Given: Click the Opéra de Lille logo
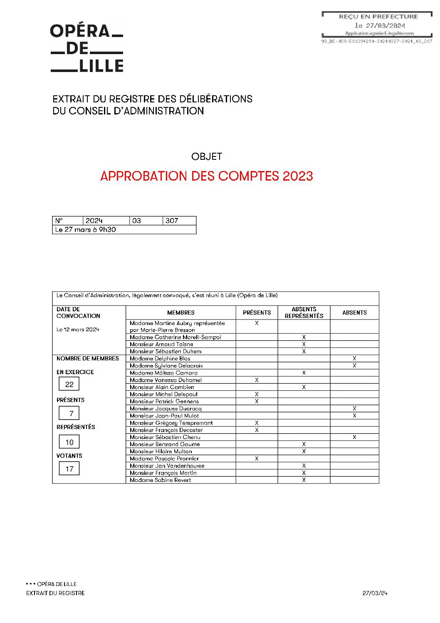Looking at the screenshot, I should point(87,48).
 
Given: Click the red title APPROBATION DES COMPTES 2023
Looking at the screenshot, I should point(206,176).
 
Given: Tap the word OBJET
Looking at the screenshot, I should point(207,156).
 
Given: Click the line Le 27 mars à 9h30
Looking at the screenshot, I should point(86,229).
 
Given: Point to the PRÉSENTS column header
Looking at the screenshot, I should point(257,313).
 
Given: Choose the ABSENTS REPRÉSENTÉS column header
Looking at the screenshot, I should point(304,313).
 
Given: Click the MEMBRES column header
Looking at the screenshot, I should point(181,313).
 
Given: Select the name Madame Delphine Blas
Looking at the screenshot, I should point(160,358).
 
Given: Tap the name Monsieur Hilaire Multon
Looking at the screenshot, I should point(161,451).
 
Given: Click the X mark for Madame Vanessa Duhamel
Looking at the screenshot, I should point(257,380).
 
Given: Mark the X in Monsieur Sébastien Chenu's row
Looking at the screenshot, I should point(354,437).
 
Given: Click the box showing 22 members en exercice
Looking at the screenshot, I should point(69,384).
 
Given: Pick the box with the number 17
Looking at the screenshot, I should point(69,469).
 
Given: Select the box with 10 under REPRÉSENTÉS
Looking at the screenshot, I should point(69,442).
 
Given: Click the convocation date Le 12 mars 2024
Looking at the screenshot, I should point(78,329).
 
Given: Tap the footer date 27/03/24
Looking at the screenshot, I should point(375,593).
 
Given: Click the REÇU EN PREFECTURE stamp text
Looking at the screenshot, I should point(378,17).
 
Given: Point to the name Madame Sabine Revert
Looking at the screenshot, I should point(161,480).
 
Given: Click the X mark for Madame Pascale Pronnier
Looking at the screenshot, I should point(257,458).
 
